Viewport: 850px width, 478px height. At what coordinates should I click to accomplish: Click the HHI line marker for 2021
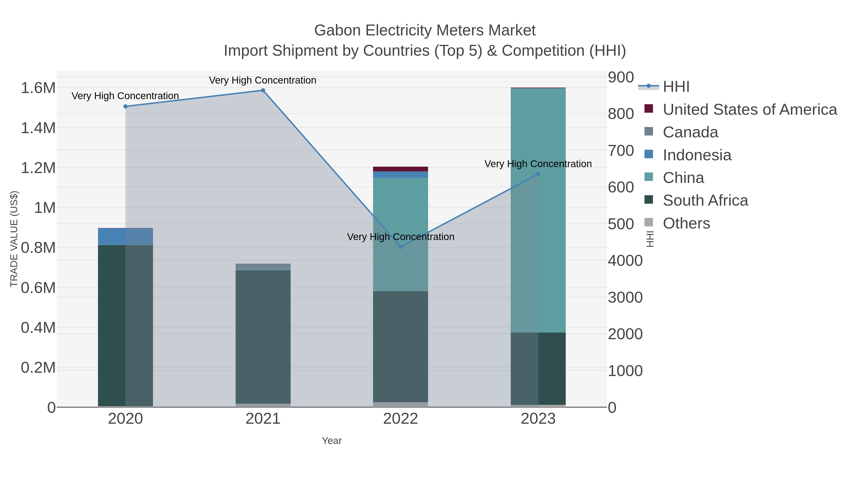(263, 90)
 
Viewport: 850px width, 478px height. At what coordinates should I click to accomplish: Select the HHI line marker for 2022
(401, 247)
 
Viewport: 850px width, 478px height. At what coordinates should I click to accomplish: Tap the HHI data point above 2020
(125, 106)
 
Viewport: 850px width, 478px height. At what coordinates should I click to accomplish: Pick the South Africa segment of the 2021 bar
(263, 336)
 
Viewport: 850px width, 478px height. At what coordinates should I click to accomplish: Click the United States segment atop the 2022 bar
(401, 169)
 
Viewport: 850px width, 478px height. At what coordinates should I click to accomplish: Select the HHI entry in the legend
(676, 87)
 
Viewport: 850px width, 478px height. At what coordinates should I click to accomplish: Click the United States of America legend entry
(749, 110)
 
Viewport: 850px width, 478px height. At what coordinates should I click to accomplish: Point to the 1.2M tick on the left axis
(38, 168)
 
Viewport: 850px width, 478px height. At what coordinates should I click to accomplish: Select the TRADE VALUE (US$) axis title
(14, 239)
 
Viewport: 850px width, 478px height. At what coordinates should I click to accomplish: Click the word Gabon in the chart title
(337, 30)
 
